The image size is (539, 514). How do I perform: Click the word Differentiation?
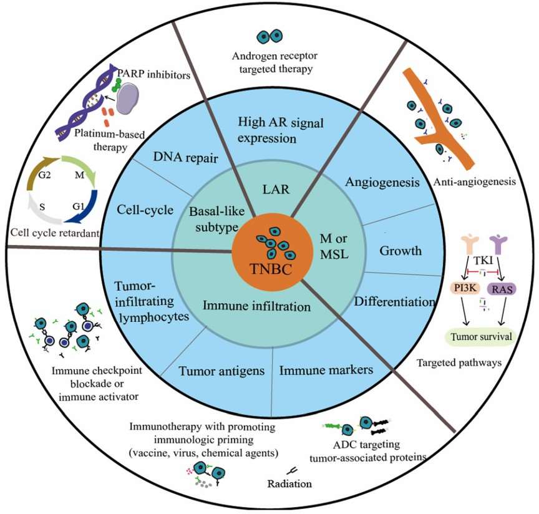[394, 302]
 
